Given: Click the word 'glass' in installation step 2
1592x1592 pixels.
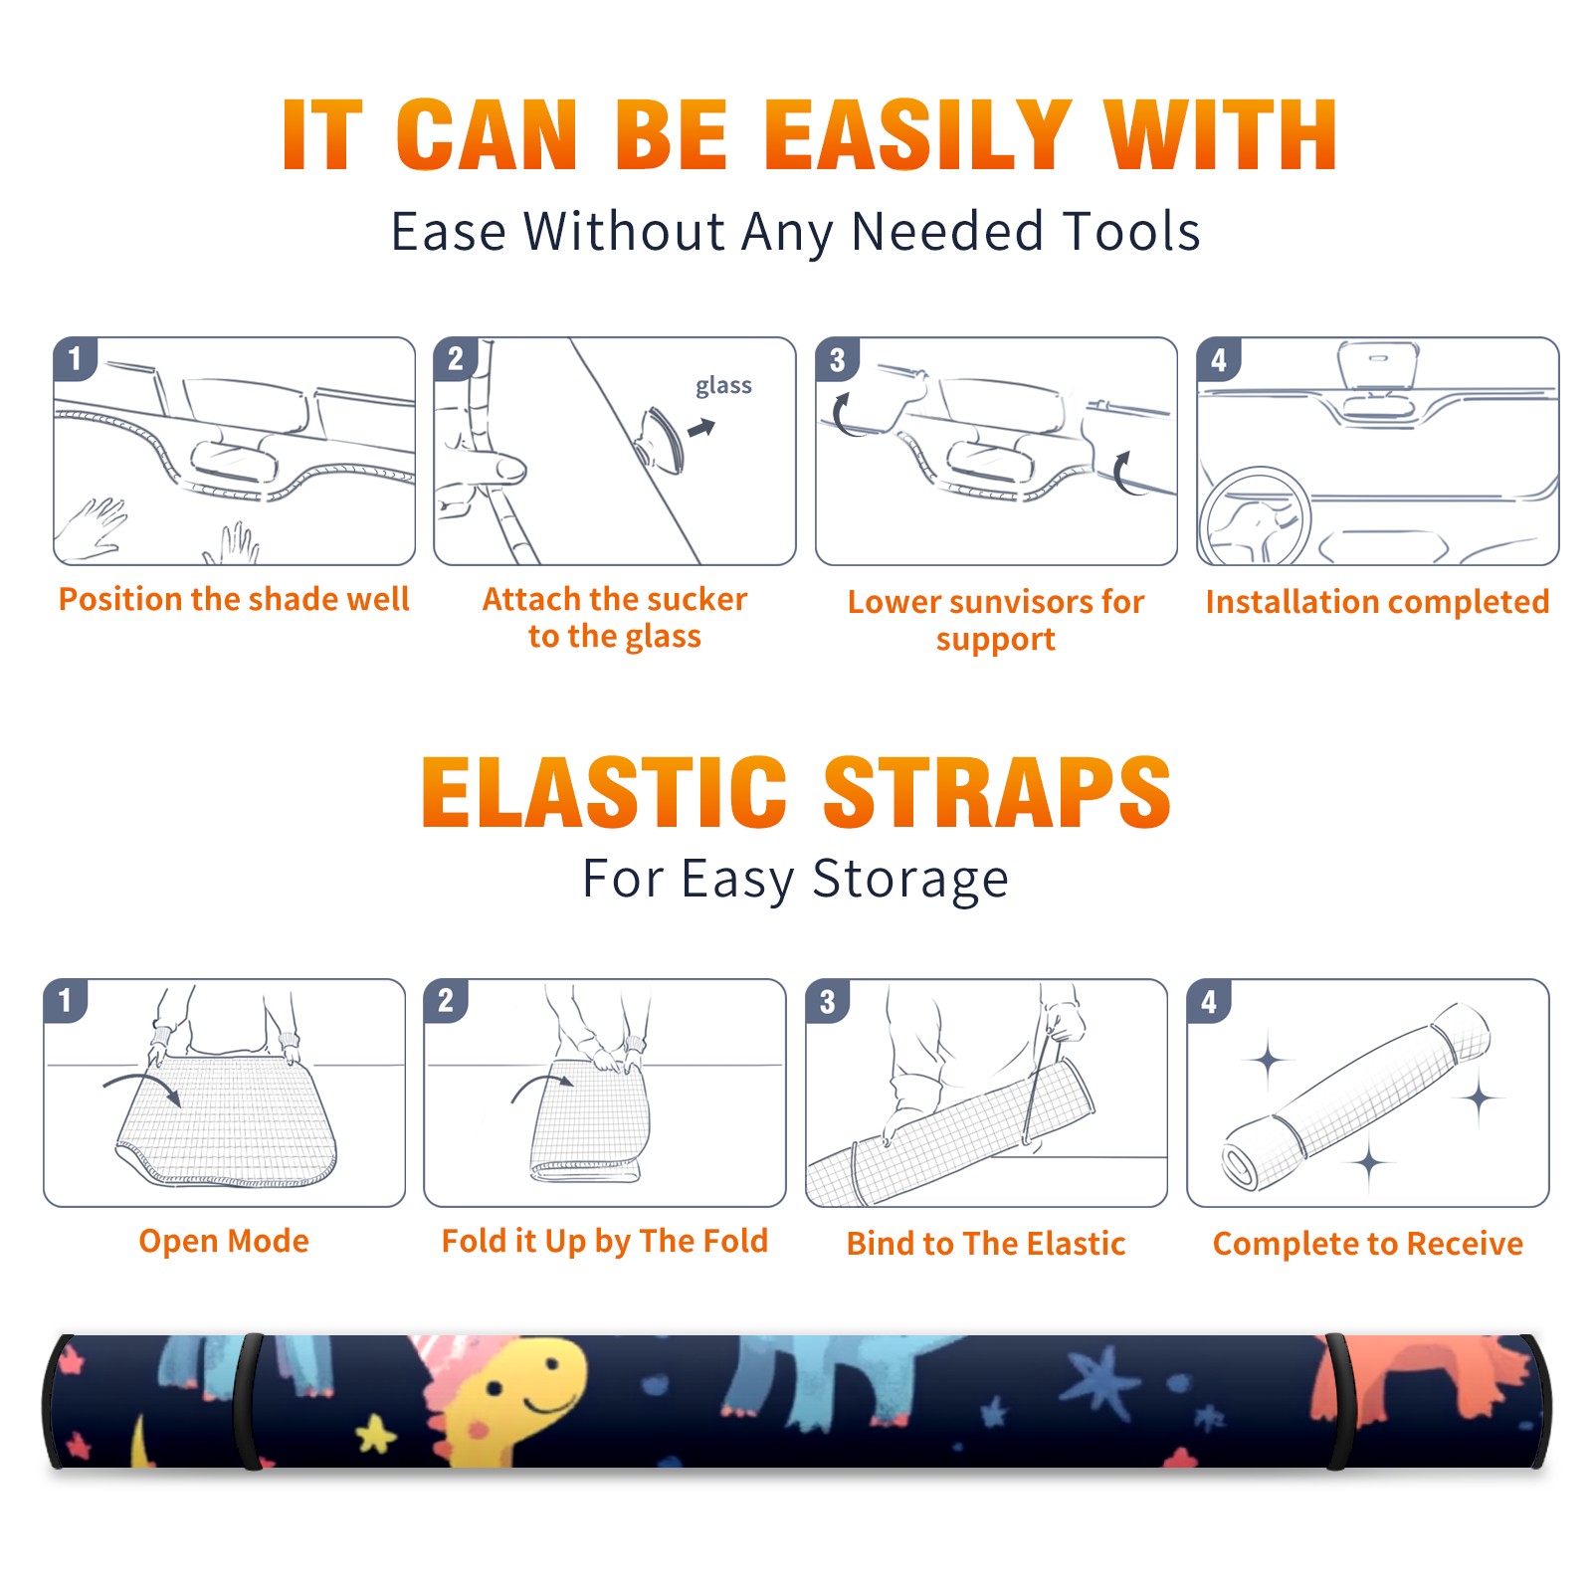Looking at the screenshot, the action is [723, 386].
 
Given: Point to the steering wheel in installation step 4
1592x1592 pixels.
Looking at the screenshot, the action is [1255, 517].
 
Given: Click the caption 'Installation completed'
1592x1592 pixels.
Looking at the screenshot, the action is [1377, 602].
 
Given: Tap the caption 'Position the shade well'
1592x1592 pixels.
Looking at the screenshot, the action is [234, 599].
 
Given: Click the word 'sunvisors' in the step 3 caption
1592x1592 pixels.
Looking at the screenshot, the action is [1020, 602].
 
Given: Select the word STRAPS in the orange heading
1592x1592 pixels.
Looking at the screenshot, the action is [997, 792].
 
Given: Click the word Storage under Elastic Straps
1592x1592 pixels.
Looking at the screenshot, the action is [909, 880].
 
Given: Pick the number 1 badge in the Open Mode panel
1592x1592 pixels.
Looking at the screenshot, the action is [66, 1001].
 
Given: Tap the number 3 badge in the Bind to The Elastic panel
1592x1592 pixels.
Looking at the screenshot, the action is [828, 1001].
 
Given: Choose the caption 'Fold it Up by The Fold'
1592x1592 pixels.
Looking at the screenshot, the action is [604, 1242].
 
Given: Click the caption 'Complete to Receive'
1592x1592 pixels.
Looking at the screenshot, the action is [1368, 1244].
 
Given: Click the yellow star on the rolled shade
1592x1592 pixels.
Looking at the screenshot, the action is [376, 1434].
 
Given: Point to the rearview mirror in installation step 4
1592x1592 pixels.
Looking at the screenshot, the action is [1378, 365].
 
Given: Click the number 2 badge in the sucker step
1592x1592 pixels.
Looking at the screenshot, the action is [456, 359].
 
